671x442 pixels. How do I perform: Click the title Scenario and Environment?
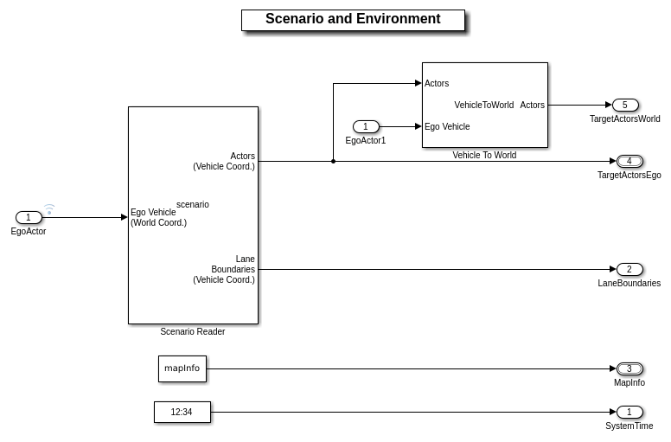click(353, 19)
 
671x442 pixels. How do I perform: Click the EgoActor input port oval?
click(29, 218)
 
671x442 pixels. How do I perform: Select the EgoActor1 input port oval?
click(366, 127)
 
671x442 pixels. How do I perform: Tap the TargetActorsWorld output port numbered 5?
click(625, 106)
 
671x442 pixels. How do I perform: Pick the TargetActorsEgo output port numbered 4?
click(629, 162)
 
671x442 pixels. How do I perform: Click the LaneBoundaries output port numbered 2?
click(629, 270)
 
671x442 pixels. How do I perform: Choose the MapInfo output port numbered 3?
click(629, 369)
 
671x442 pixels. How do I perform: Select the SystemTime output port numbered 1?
click(629, 413)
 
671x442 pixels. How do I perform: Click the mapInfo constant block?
click(182, 368)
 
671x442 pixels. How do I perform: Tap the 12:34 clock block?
click(182, 413)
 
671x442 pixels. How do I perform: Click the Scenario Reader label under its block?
click(192, 332)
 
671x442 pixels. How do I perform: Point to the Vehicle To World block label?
click(484, 156)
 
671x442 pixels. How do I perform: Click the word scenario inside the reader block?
click(193, 205)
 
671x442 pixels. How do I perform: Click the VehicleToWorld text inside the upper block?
click(484, 106)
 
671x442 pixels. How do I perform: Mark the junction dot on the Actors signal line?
click(333, 161)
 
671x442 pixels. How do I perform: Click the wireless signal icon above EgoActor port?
click(49, 208)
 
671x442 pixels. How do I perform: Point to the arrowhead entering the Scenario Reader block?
click(125, 218)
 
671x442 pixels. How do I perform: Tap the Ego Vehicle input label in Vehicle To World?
click(447, 127)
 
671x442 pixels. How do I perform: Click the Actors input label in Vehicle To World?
click(437, 84)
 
